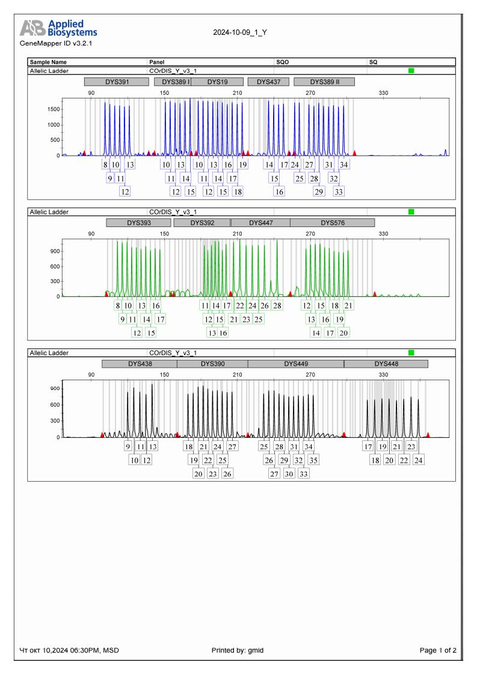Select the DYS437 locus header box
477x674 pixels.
(x=268, y=82)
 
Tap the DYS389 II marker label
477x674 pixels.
(x=324, y=82)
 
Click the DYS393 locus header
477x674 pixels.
(x=138, y=222)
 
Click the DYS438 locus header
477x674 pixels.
(x=140, y=363)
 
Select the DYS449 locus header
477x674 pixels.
(x=295, y=363)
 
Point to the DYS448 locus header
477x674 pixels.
(x=386, y=363)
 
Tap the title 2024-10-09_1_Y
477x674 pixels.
(x=240, y=32)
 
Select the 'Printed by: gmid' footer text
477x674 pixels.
(x=238, y=650)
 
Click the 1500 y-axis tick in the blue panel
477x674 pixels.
(x=54, y=109)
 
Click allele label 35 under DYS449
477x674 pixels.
(x=313, y=460)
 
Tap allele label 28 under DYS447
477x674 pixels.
(x=277, y=306)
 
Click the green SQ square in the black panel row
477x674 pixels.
(x=411, y=353)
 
